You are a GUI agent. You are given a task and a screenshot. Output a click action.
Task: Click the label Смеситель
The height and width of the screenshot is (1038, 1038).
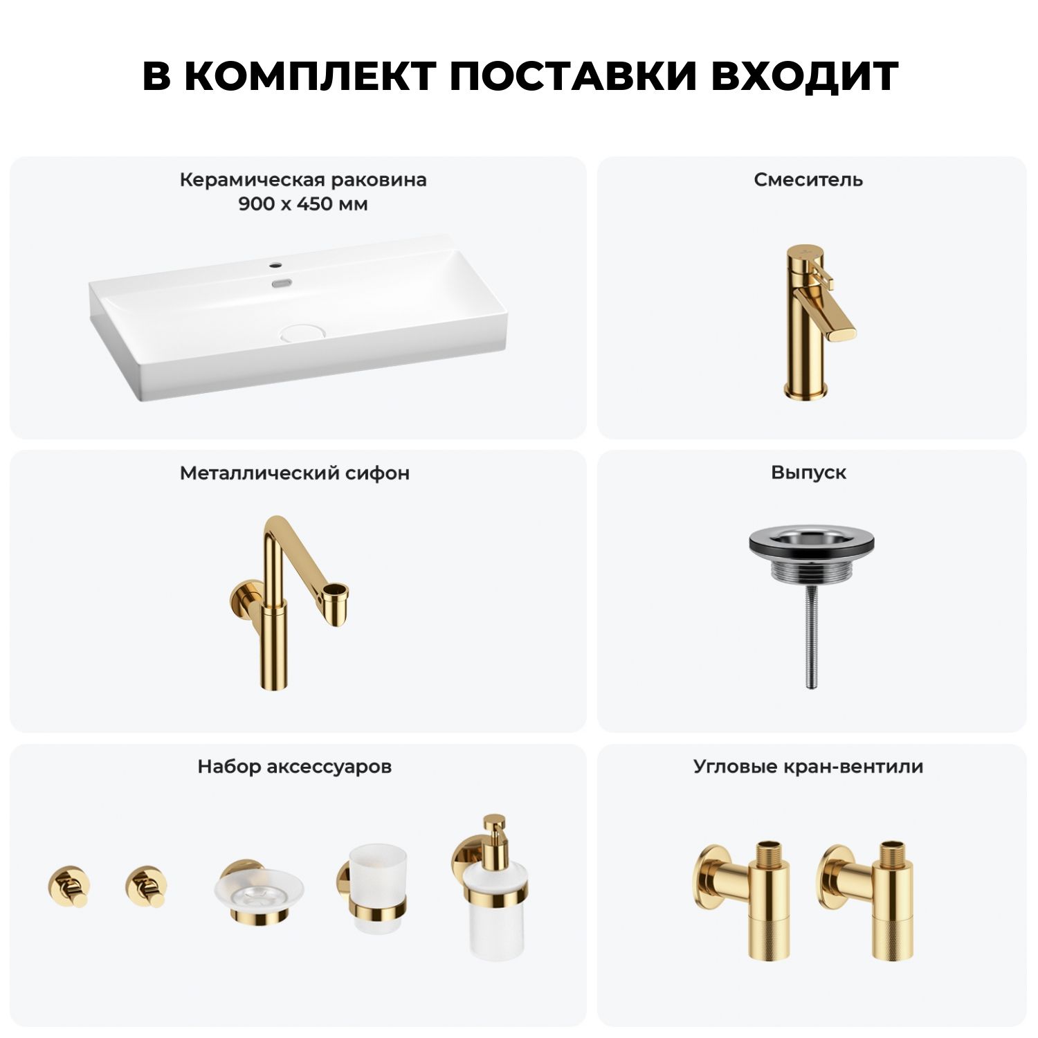click(808, 180)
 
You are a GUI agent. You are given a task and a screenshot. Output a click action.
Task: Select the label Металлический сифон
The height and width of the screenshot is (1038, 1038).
click(295, 473)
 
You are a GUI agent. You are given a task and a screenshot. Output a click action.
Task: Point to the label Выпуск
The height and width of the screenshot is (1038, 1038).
click(808, 473)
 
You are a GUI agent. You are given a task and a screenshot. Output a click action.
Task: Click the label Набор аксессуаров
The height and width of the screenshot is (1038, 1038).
click(295, 767)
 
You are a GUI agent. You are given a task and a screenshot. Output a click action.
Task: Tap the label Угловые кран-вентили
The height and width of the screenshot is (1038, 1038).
click(808, 767)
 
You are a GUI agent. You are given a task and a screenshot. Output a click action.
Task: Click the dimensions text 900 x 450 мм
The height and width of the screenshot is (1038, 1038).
click(303, 204)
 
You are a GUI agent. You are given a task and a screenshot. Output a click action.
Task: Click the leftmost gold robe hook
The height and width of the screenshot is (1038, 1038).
click(69, 886)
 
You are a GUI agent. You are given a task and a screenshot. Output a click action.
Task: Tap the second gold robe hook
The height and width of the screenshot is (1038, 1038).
click(147, 886)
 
